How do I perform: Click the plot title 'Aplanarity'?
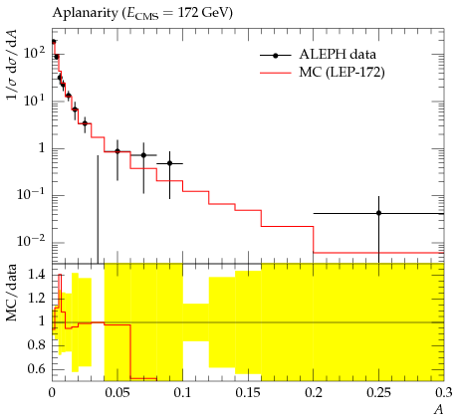[x=85, y=13]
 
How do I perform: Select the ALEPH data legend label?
[x=338, y=54]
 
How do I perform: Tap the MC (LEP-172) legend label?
[x=342, y=72]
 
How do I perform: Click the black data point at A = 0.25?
[x=378, y=213]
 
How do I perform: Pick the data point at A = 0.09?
[x=169, y=163]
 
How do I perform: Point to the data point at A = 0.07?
[x=143, y=155]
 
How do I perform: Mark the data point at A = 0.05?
[x=117, y=151]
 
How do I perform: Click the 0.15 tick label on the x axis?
[x=248, y=393]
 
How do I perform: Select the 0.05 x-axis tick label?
[x=117, y=393]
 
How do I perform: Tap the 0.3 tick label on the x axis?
[x=443, y=393]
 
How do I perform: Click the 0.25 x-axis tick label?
[x=378, y=393]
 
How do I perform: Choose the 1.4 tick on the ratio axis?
[x=36, y=274]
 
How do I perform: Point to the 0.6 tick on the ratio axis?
[x=36, y=368]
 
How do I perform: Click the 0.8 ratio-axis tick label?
[x=36, y=345]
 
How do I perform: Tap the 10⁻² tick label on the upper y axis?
[x=31, y=241]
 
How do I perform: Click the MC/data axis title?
[x=11, y=293]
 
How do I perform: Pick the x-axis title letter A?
[x=439, y=410]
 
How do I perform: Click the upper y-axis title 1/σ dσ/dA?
[x=12, y=65]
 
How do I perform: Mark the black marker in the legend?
[x=275, y=56]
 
